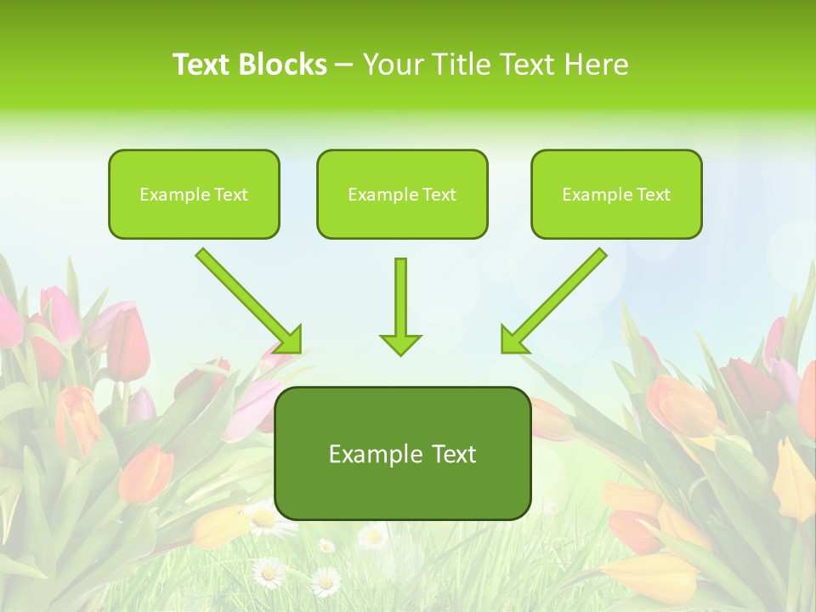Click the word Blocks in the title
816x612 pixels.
[283, 65]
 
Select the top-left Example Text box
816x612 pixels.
[194, 194]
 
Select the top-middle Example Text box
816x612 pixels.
[402, 194]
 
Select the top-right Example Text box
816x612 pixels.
[616, 194]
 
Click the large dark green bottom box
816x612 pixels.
[402, 453]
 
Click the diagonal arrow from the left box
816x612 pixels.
[246, 297]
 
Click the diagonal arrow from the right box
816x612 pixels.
[557, 297]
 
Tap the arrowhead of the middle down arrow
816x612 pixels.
[400, 343]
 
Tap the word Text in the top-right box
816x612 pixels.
[653, 195]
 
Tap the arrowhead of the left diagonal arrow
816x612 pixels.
[289, 340]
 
